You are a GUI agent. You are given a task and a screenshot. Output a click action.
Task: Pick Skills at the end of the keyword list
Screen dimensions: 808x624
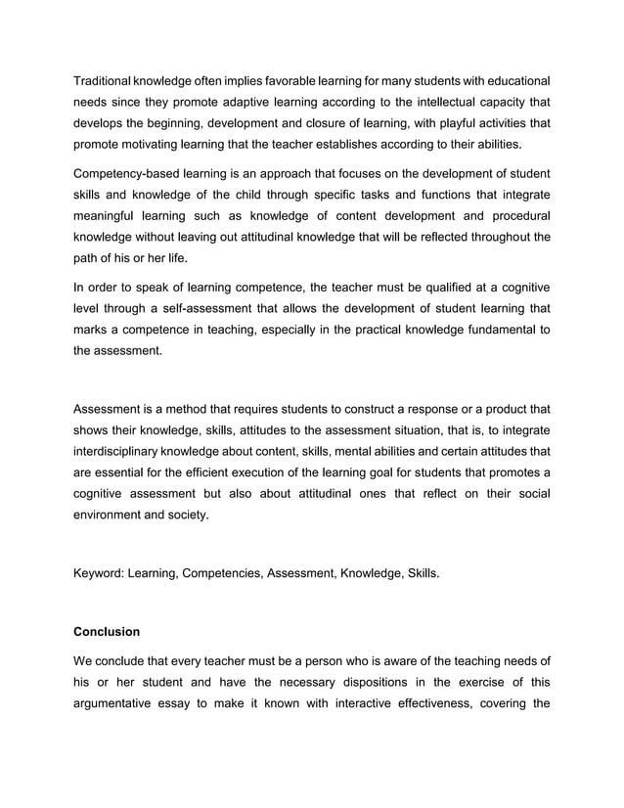coord(421,570)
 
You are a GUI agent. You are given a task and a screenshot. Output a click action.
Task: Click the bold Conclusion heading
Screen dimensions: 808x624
coord(108,631)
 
